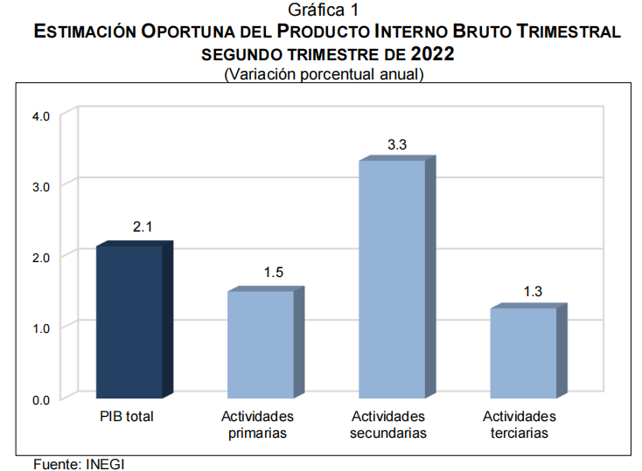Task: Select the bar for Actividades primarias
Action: point(261,344)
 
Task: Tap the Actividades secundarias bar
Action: point(392,280)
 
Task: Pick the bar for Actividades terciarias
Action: point(523,353)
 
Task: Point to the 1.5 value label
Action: point(274,273)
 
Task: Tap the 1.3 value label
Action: point(533,291)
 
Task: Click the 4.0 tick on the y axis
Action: point(41,115)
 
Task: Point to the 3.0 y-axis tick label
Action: point(41,186)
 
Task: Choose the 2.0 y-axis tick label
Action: point(41,257)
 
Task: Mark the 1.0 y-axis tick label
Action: point(41,328)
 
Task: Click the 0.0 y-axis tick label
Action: point(41,399)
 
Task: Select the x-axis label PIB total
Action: point(127,417)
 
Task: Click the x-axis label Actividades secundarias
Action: point(388,425)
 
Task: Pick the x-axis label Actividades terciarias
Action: point(520,425)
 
